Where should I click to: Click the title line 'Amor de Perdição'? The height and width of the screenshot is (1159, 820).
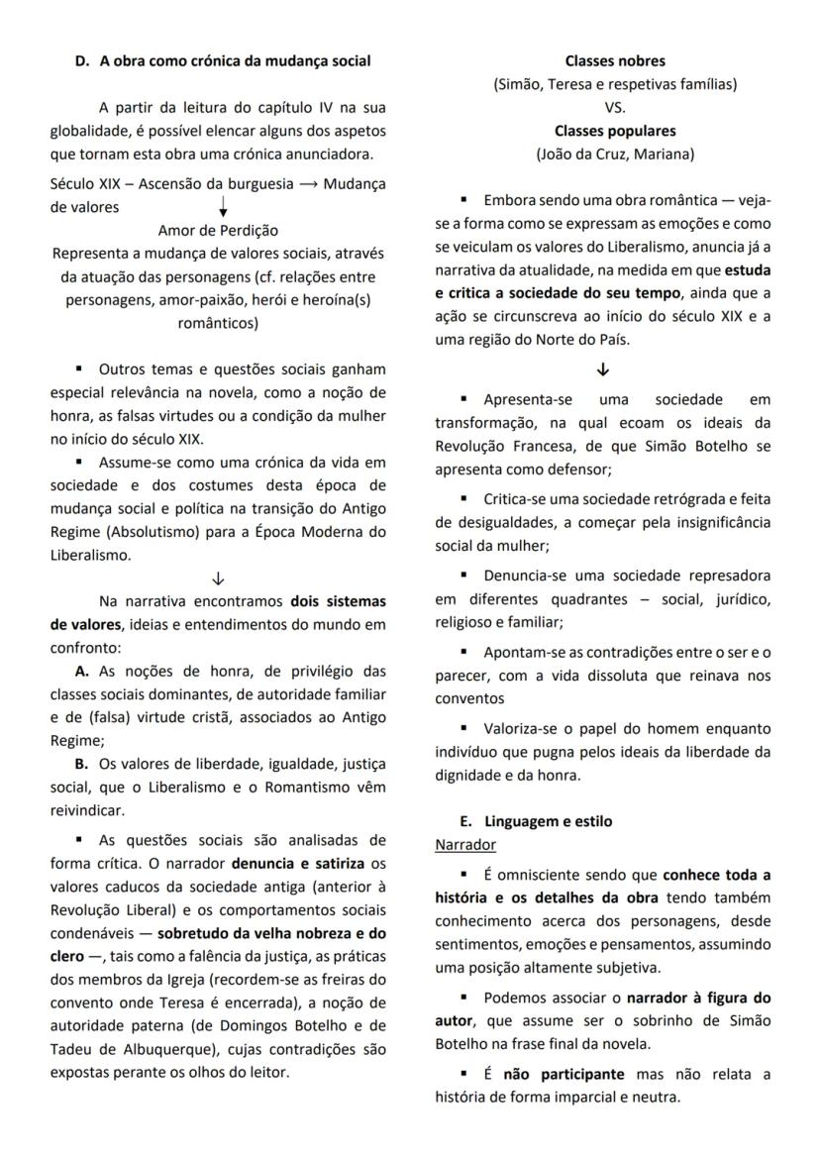[x=218, y=230]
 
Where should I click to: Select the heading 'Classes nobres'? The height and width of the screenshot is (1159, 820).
[x=615, y=61]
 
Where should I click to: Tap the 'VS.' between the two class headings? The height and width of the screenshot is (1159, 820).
[x=615, y=107]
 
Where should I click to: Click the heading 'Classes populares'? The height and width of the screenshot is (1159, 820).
[x=615, y=131]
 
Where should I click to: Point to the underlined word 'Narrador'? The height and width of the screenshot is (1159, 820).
[x=465, y=844]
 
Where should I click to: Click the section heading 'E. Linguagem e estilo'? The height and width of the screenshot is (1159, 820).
[x=536, y=821]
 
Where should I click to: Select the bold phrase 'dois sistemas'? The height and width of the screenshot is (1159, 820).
[x=338, y=601]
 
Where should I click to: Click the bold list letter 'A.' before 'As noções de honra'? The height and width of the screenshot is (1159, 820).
[x=83, y=671]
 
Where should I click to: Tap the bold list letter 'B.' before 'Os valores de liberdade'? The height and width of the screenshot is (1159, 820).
[x=82, y=764]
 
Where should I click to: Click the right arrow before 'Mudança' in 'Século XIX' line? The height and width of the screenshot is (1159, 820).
[x=308, y=184]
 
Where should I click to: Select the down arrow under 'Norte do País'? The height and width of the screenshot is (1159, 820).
[x=603, y=369]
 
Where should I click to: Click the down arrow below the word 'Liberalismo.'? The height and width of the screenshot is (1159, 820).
[x=218, y=579]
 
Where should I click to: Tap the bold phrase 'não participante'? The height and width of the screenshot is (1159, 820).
[x=564, y=1074]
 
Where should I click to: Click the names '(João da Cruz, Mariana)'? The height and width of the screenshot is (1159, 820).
[x=615, y=154]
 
